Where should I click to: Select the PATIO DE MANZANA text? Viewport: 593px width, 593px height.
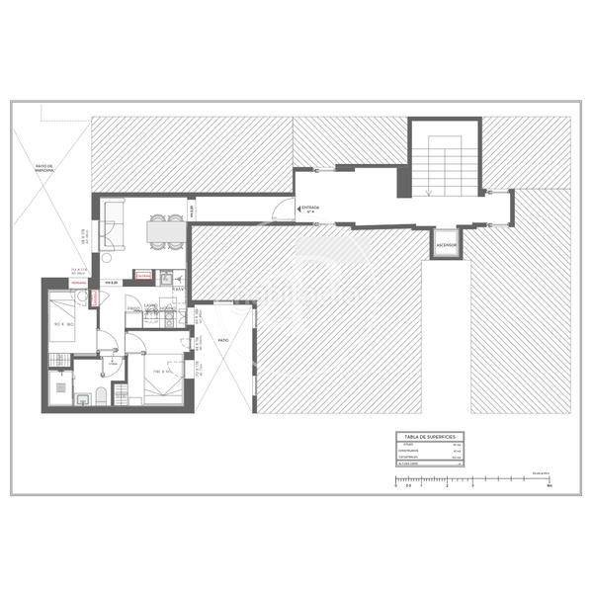click(x=42, y=168)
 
